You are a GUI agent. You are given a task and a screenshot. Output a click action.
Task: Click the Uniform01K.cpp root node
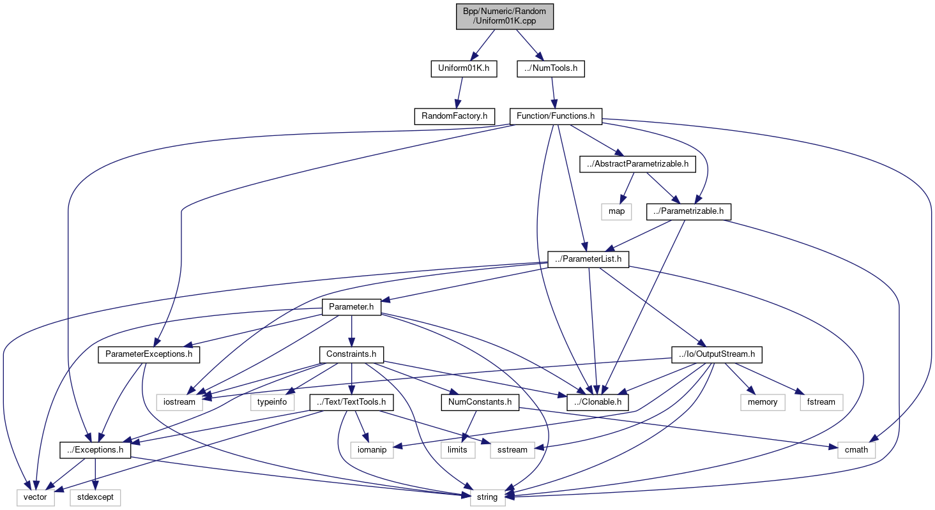[x=504, y=15]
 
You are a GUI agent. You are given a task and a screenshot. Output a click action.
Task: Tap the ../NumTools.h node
[x=551, y=68]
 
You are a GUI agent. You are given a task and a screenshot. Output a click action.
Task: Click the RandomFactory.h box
[x=454, y=116]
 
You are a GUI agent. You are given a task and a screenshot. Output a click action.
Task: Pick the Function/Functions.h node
[x=556, y=116]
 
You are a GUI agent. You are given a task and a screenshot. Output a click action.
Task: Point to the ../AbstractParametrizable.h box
[x=637, y=164]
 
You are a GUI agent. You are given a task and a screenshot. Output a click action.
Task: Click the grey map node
[x=616, y=211]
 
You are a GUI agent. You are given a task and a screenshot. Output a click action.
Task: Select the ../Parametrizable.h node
[x=688, y=211]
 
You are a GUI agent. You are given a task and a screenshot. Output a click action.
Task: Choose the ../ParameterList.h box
[x=588, y=260]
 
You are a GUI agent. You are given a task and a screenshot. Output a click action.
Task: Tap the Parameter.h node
[x=351, y=307]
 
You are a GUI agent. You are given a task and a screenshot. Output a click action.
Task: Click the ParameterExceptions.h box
[x=149, y=354]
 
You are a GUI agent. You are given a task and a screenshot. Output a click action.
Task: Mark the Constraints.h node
[x=351, y=354]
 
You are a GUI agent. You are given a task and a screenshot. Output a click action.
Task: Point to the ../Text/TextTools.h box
[x=351, y=402]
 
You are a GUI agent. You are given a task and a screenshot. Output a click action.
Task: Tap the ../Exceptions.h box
[x=95, y=450]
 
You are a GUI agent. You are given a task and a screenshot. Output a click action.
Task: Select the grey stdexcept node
[x=95, y=497]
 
